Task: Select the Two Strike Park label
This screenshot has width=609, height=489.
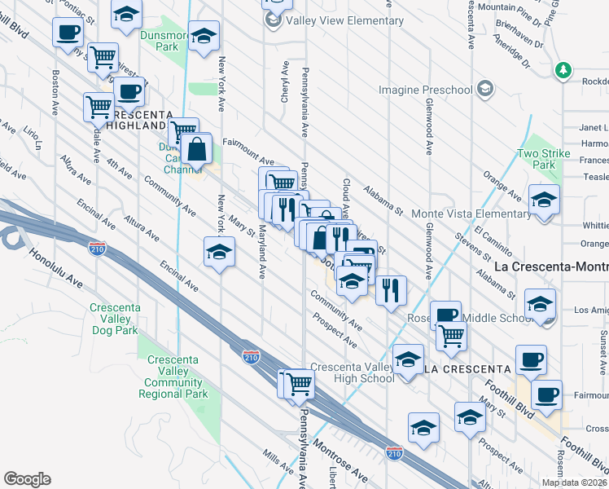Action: click(538, 159)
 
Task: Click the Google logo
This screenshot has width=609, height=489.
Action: click(27, 479)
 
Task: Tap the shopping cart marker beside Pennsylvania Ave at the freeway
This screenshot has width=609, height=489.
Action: click(299, 382)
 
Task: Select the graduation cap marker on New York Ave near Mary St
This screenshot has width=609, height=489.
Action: click(219, 252)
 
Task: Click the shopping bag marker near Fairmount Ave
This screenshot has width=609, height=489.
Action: click(198, 149)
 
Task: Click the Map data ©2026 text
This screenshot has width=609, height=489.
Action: click(574, 482)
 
